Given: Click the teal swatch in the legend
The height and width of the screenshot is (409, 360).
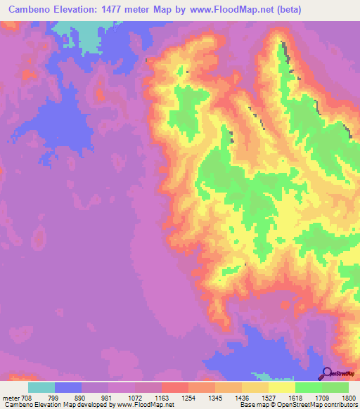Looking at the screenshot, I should pyautogui.click(x=41, y=387).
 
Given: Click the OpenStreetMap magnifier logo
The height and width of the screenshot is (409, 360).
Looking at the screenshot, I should pyautogui.click(x=326, y=374).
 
